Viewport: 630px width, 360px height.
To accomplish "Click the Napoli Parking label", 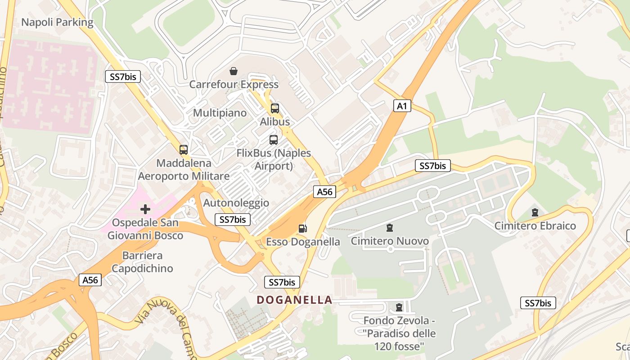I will pos(57,22).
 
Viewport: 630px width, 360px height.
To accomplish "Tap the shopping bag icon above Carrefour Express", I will pos(234,71).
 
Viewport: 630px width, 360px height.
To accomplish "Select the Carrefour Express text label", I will pos(234,84).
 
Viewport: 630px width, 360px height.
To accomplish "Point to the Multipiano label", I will pos(220,112).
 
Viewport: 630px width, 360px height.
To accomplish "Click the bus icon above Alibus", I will pos(275,108).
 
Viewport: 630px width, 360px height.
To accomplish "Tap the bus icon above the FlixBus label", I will pos(274,140).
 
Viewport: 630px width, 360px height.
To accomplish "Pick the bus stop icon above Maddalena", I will pos(184,150).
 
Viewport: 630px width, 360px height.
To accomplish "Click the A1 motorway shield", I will pos(402,106).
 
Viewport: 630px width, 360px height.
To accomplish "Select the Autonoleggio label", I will pos(236,203).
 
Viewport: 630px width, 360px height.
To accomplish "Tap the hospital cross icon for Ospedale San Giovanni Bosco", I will pos(145,209).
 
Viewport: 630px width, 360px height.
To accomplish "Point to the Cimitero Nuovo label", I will pos(390,241).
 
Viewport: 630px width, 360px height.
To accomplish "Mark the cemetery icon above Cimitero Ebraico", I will pos(535,212).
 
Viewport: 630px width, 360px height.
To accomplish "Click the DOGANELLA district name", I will pos(294,300).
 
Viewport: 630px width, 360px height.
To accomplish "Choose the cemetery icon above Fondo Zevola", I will pos(399,308).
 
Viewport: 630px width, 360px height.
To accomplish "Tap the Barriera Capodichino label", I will pos(142,262).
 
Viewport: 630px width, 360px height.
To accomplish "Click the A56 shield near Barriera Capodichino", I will pos(90,280).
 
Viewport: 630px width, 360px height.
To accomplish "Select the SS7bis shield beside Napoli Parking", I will pos(122,76).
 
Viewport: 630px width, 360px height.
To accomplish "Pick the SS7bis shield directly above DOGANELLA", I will pos(282,282).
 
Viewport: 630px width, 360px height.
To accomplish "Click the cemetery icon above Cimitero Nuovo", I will pos(390,228).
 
